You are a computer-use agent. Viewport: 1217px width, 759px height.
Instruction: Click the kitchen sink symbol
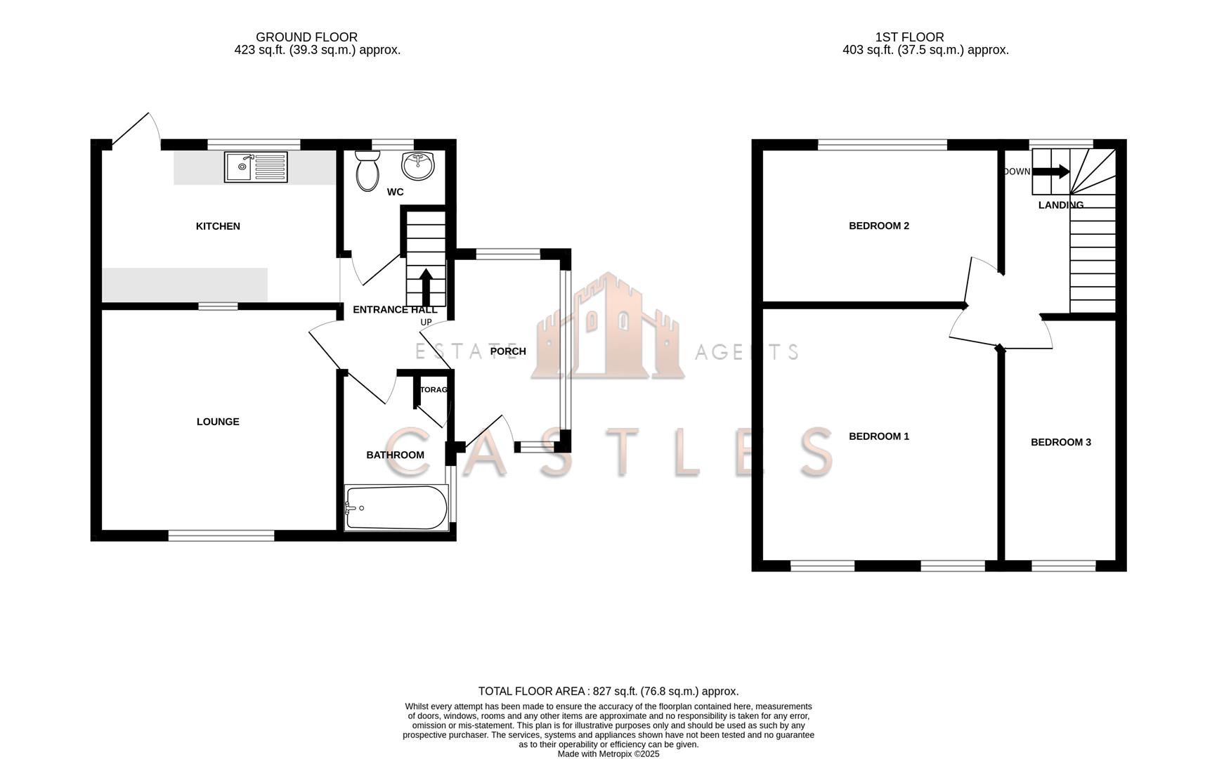[256, 167]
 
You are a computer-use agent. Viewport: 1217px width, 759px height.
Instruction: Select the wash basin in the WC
[418, 165]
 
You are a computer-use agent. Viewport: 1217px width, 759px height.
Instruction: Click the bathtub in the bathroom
[396, 507]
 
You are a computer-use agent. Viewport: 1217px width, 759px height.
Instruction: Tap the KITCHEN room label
[218, 226]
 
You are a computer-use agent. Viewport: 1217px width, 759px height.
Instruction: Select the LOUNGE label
[218, 422]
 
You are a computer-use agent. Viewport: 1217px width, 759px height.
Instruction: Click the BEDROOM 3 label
[1060, 442]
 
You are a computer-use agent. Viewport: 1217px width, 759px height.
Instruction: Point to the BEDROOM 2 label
[878, 226]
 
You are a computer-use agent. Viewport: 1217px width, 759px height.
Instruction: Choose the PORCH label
[507, 351]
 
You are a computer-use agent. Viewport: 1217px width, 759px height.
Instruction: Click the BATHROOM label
[395, 455]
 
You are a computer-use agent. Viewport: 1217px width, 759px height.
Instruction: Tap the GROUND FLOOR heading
[306, 37]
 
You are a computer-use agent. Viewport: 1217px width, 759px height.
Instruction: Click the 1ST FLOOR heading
[909, 37]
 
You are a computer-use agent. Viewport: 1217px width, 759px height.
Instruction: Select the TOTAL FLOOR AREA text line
[608, 692]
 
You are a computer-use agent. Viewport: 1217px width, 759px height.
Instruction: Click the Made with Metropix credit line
[608, 753]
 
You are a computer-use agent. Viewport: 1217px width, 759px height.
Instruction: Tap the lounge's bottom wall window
[221, 536]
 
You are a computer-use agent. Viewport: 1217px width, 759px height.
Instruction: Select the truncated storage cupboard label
[433, 389]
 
